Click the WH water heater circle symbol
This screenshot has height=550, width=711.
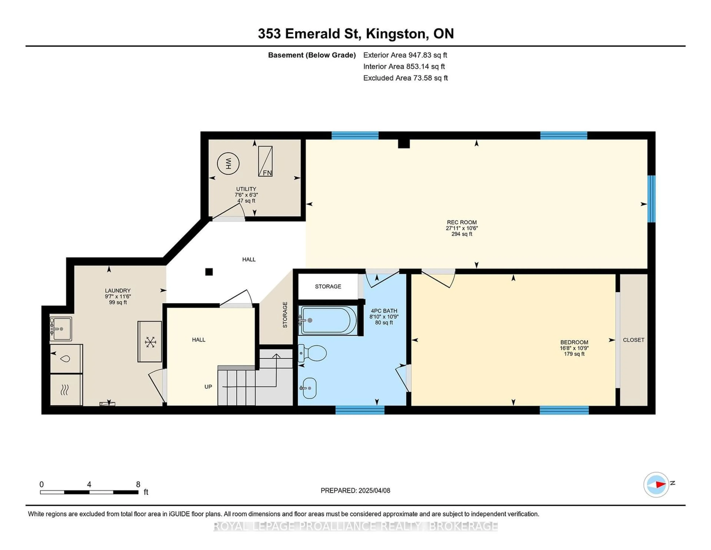click(x=228, y=163)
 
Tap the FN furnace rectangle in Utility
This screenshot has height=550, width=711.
click(x=265, y=161)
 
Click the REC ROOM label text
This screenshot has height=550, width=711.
click(x=462, y=222)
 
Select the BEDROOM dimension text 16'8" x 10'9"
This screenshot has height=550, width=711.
click(x=574, y=348)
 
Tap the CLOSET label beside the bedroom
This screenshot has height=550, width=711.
click(x=634, y=340)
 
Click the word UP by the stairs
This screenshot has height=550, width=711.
click(x=208, y=387)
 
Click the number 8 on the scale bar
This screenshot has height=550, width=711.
click(x=138, y=484)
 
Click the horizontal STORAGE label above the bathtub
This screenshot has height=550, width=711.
click(x=328, y=287)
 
